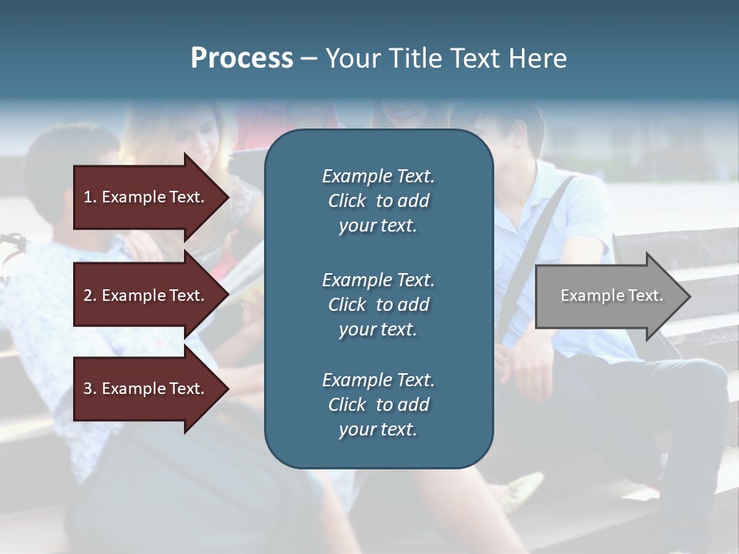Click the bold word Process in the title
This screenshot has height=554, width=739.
(x=242, y=58)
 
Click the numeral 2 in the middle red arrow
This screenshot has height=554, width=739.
(x=88, y=295)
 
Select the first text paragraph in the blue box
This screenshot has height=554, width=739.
(x=378, y=201)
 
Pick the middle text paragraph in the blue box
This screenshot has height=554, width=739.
(x=378, y=305)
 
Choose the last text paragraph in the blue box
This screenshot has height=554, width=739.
(x=378, y=405)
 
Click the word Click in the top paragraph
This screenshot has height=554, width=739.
(x=346, y=201)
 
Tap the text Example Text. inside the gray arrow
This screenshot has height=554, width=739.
(x=611, y=295)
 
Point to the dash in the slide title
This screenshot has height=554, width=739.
(x=309, y=59)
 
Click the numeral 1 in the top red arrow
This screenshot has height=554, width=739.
(x=88, y=197)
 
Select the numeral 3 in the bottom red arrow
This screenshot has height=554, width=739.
(x=88, y=389)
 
